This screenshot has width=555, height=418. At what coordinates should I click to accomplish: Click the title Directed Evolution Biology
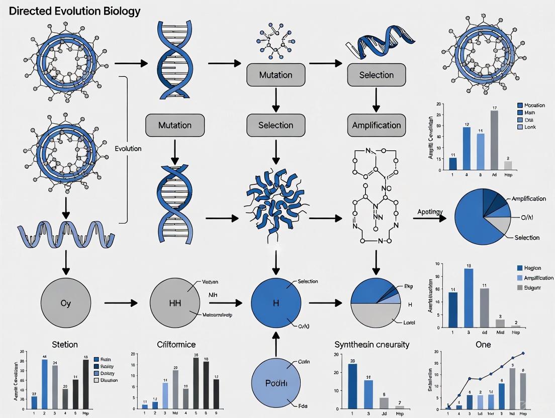coord(74,11)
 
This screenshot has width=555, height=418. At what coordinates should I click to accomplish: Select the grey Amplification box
coord(376,125)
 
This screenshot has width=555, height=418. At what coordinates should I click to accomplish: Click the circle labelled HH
coord(174,303)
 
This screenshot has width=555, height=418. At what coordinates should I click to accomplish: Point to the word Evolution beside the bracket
coord(128,149)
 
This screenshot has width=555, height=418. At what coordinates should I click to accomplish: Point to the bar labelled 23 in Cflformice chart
coord(175,387)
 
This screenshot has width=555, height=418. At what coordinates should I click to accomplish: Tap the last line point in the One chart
coord(523,353)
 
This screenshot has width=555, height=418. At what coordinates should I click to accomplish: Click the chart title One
coord(483,345)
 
